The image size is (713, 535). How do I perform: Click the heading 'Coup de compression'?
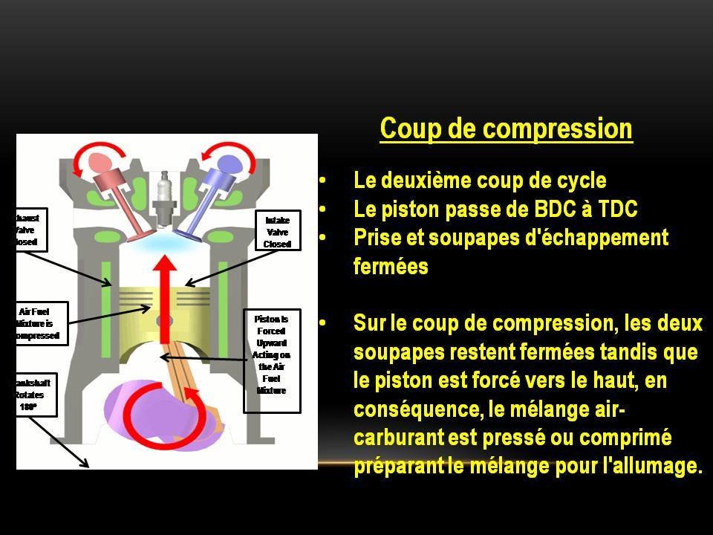click(x=506, y=129)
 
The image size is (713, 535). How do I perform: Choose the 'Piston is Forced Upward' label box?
click(x=272, y=360)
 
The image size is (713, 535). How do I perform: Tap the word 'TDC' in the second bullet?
click(x=616, y=210)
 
